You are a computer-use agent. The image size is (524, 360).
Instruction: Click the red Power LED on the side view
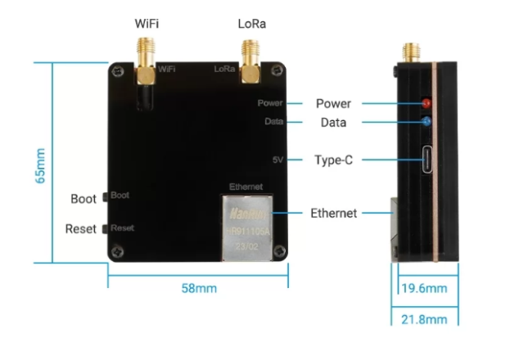(x=426, y=104)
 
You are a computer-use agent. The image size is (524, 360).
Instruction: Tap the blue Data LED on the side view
(x=426, y=123)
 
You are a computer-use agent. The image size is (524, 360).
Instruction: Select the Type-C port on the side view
(x=426, y=160)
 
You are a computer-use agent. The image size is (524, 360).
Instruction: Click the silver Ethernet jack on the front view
(x=246, y=226)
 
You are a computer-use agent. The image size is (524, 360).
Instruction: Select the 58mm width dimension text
(x=198, y=289)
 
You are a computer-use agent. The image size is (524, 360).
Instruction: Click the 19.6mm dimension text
(x=424, y=289)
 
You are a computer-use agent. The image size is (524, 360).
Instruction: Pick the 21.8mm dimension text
(x=424, y=319)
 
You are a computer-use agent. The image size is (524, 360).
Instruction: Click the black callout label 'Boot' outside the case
(x=84, y=199)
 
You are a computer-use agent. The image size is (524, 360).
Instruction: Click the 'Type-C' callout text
(x=334, y=160)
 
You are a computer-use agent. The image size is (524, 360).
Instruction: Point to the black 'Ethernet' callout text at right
(x=334, y=214)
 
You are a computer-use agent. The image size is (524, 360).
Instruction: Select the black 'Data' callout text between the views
(x=331, y=123)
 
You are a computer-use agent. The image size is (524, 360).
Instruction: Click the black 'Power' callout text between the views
(x=333, y=104)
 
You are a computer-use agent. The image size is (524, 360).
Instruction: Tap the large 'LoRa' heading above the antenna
(x=251, y=24)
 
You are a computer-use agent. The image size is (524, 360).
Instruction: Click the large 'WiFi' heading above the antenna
(x=147, y=24)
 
